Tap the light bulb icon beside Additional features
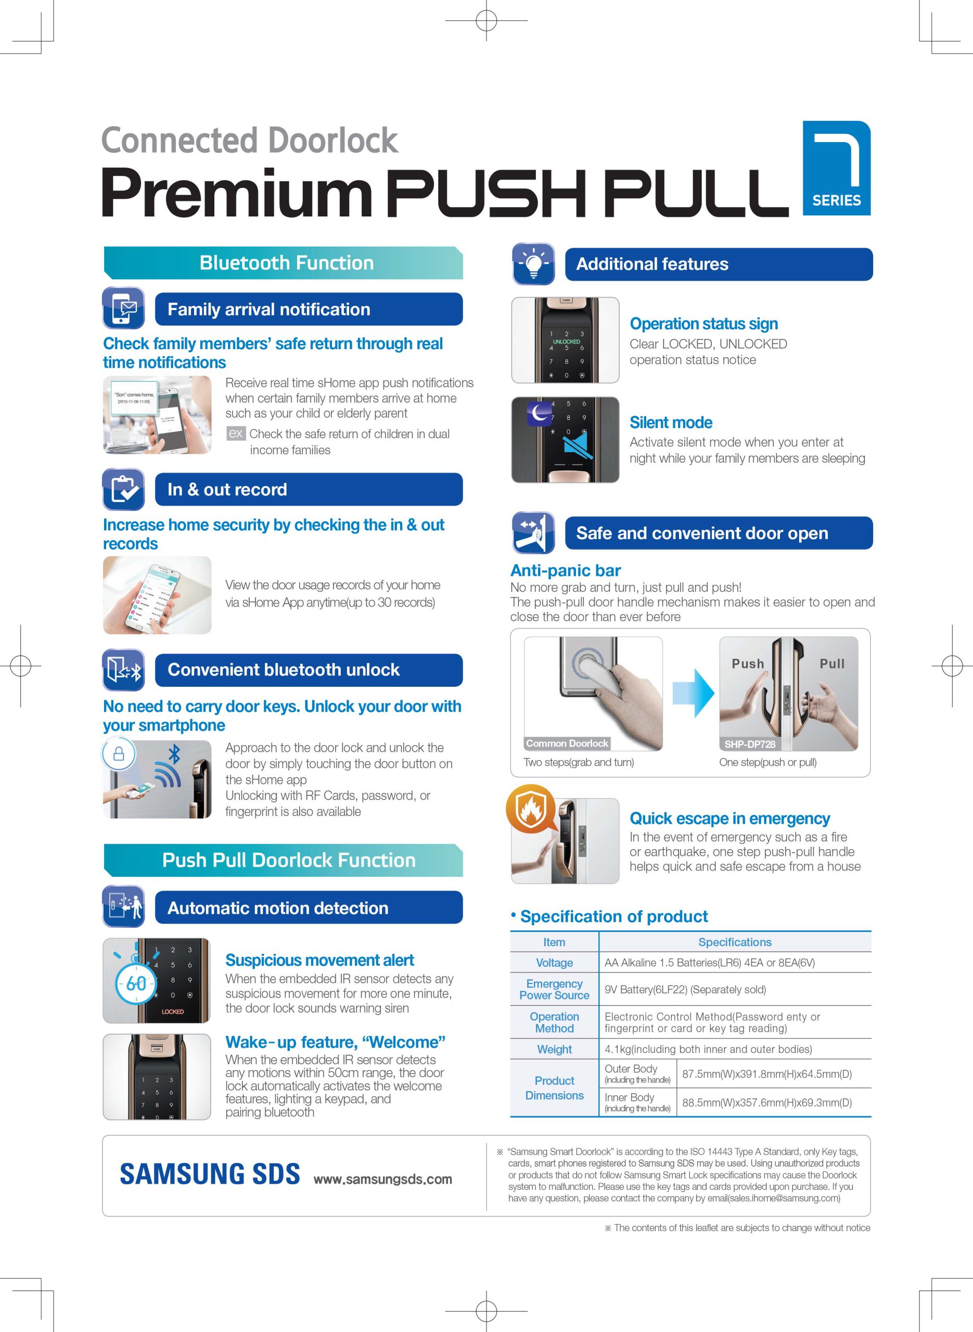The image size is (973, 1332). (x=534, y=264)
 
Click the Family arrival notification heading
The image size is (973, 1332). (x=268, y=309)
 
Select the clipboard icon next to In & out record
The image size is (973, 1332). (x=123, y=489)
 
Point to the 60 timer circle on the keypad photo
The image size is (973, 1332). (x=136, y=983)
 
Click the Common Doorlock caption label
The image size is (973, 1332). (x=567, y=743)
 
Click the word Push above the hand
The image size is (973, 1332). (x=747, y=663)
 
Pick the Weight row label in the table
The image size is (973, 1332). (x=554, y=1049)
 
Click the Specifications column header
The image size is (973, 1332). (x=735, y=942)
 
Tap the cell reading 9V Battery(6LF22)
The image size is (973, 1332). (x=685, y=989)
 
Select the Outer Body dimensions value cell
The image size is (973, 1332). (x=767, y=1073)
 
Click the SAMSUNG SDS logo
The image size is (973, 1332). (x=210, y=1174)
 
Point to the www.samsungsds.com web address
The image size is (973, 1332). (x=383, y=1179)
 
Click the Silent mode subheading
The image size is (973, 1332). (x=671, y=422)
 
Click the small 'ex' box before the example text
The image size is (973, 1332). (x=236, y=433)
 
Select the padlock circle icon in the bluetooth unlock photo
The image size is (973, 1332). (x=119, y=754)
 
